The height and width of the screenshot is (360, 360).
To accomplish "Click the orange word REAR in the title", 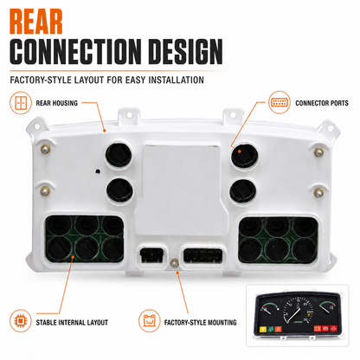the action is tap(36, 22).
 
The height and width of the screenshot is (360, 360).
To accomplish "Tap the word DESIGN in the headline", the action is tap(186, 52).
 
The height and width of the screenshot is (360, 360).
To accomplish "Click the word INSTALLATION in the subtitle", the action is tap(176, 80).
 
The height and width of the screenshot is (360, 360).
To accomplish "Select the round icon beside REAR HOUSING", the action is tap(21, 103).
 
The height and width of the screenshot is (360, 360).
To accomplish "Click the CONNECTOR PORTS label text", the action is tap(322, 103).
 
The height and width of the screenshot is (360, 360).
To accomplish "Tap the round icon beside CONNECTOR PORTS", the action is tap(280, 102).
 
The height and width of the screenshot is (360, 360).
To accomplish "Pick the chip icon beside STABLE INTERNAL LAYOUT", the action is tap(21, 321).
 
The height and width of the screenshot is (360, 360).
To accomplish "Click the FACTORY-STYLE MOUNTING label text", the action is tap(200, 323).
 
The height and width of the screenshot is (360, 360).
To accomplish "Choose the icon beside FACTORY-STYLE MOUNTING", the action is tap(149, 321).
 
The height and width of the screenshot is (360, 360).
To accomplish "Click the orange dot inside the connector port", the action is tap(240, 151).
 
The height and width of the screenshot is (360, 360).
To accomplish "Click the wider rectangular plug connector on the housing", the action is tap(203, 255).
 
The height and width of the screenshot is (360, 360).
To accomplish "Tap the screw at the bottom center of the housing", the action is tap(174, 263).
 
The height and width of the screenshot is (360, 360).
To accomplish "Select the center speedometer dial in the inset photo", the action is tap(298, 312).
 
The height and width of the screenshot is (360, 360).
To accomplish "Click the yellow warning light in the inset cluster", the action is tap(263, 329).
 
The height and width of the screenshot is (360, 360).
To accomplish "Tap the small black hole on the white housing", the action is tap(98, 171).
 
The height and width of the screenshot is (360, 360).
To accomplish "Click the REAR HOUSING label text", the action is tap(57, 103).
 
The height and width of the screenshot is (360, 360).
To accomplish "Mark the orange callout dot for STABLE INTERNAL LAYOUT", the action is tap(73, 256).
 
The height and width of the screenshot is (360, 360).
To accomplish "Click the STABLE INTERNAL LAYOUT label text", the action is tap(72, 323).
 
